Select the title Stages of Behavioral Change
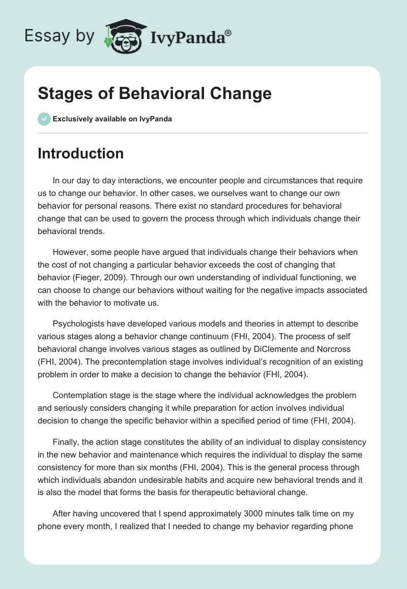(155, 93)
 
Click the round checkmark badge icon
(44, 119)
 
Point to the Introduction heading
(80, 153)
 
